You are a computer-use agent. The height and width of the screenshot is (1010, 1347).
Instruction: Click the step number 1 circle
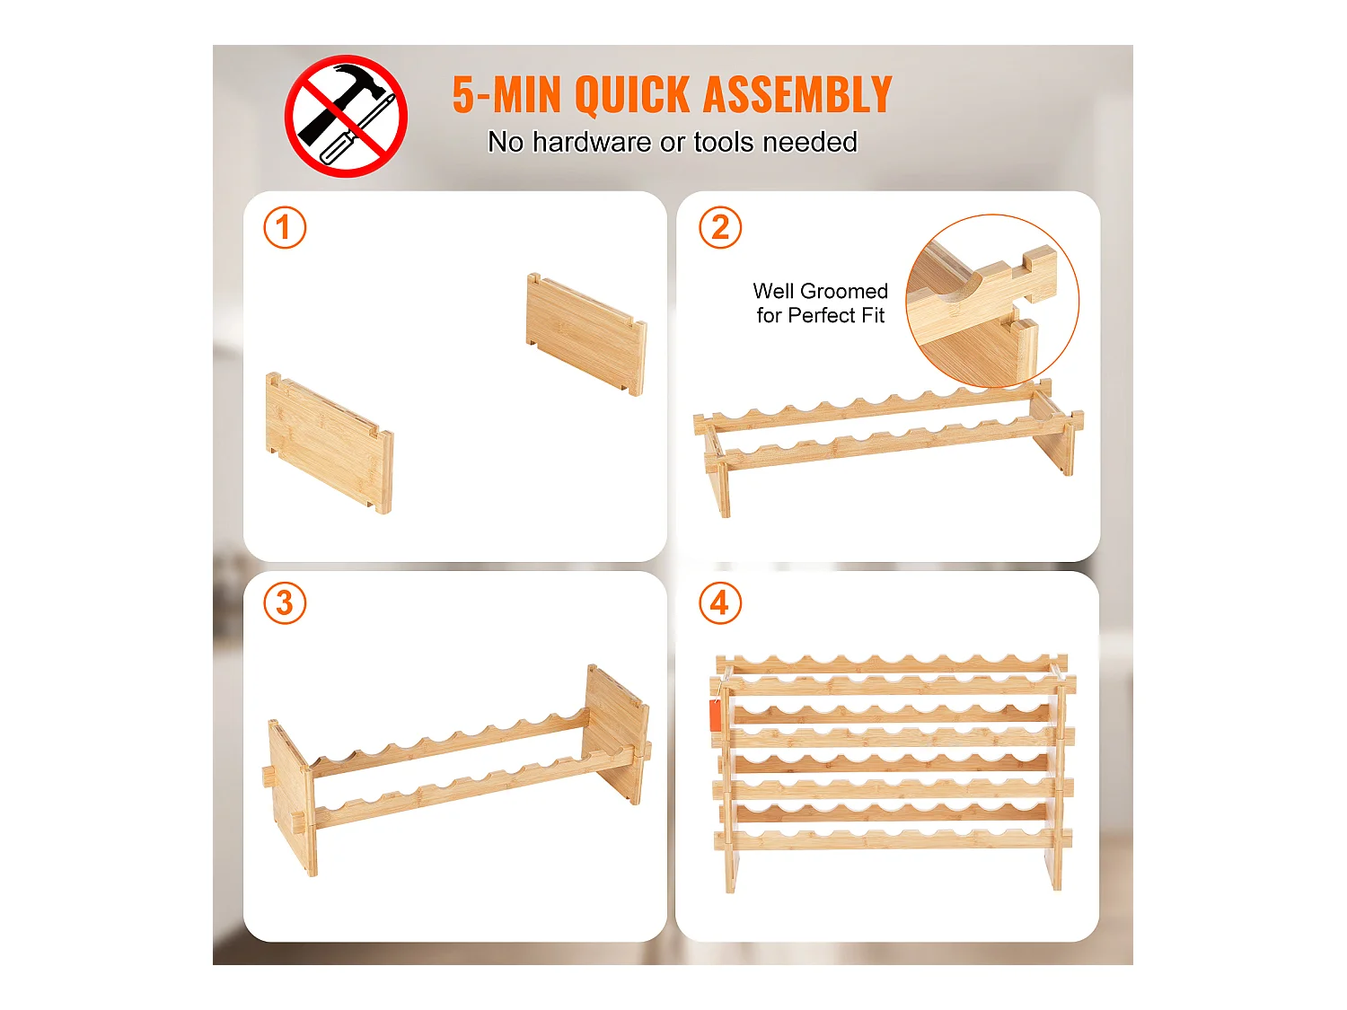point(285,227)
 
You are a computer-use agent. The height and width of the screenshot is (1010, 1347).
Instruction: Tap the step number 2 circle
point(720,227)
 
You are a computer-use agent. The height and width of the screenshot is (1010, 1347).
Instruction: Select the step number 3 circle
point(285,602)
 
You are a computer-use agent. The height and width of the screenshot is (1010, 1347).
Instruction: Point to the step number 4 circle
point(720,602)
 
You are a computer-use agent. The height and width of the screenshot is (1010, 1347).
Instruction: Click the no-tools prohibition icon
point(346,116)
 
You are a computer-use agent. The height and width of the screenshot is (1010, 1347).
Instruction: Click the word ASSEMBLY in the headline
point(797,94)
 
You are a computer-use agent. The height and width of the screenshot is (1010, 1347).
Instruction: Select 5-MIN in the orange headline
point(506,94)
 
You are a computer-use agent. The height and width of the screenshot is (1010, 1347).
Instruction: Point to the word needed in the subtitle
point(809,142)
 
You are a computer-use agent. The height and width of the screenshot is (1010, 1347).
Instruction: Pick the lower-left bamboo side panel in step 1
point(330,442)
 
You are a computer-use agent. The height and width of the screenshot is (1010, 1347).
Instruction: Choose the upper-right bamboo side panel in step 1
point(586,334)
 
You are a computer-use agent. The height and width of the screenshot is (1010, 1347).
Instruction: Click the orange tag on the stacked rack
point(715,716)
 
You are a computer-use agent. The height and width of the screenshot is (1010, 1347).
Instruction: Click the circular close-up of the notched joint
point(991,301)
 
